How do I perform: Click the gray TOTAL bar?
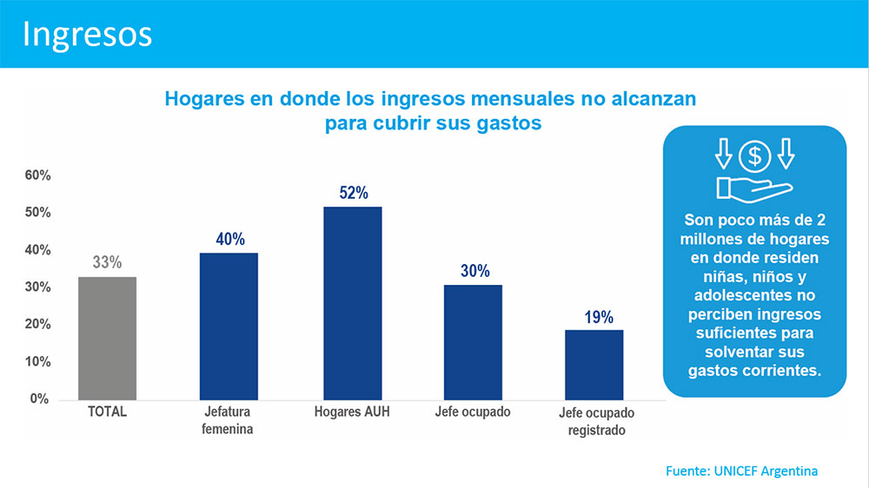click(108, 338)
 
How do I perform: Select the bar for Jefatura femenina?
click(229, 326)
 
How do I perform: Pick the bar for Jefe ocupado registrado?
click(594, 364)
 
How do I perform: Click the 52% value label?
click(354, 193)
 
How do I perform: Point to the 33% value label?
click(107, 262)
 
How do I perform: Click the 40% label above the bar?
click(230, 239)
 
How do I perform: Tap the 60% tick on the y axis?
click(37, 175)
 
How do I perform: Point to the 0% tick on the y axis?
click(41, 399)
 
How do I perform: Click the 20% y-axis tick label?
click(37, 325)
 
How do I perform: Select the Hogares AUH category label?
click(352, 412)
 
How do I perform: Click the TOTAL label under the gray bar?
click(108, 412)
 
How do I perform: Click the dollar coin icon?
click(754, 156)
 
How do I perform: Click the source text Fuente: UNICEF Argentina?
click(741, 471)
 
